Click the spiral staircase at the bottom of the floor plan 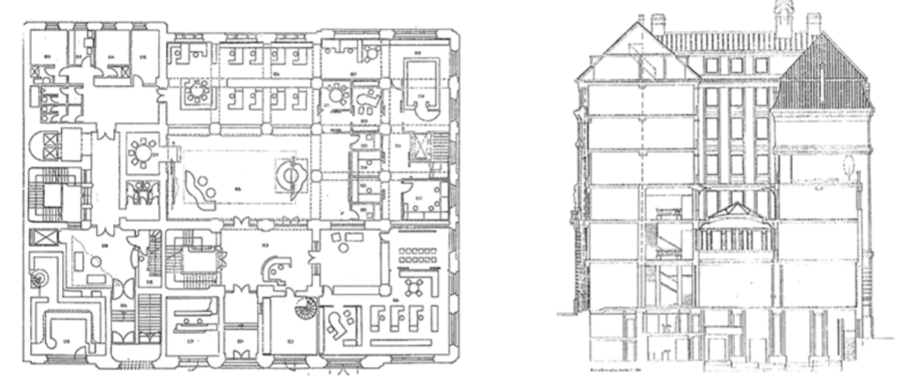coord(303,311)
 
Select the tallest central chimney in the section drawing coord(784,18)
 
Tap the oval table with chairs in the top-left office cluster coord(197,86)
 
